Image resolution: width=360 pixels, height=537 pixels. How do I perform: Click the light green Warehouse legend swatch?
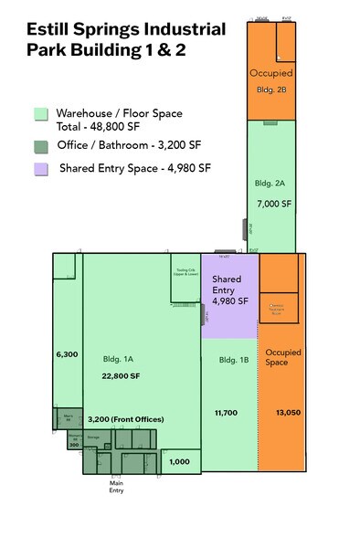[x=40, y=114]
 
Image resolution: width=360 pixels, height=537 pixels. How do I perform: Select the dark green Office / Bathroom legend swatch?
[x=40, y=146]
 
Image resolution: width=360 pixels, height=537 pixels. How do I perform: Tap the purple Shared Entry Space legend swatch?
[x=40, y=169]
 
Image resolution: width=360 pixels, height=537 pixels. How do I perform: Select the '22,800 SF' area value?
[x=121, y=375]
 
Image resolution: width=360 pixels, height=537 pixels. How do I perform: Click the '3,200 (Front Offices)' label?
[x=122, y=418]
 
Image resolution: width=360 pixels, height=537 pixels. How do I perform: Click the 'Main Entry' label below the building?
[x=115, y=486]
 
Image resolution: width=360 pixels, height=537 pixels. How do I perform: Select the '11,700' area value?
[x=228, y=413]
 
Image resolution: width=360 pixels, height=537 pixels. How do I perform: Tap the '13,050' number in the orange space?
[x=288, y=413]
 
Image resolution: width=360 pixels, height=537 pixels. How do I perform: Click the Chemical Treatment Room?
[x=278, y=306]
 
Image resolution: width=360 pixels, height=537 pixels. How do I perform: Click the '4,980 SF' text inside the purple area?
[x=230, y=300]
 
